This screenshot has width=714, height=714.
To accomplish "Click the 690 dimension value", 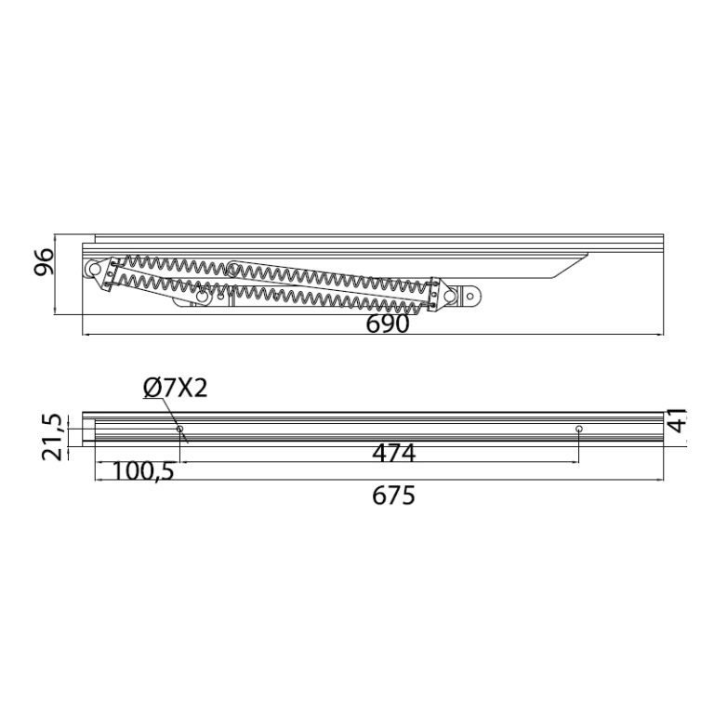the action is (x=388, y=324).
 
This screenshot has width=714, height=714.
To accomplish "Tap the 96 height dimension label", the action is (x=45, y=262).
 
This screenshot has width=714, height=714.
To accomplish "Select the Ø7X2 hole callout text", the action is (x=175, y=389).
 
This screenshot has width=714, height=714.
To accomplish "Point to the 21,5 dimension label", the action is (x=51, y=437).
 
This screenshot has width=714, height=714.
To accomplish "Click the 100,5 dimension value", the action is (x=143, y=471).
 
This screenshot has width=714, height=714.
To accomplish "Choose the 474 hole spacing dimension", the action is (x=394, y=453).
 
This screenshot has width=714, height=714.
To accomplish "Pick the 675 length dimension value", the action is (x=394, y=496).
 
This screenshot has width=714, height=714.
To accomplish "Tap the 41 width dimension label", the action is (x=678, y=420).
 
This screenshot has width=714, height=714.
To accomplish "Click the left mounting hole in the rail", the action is (x=179, y=429).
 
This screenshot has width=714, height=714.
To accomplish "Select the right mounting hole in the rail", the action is (x=579, y=429).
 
